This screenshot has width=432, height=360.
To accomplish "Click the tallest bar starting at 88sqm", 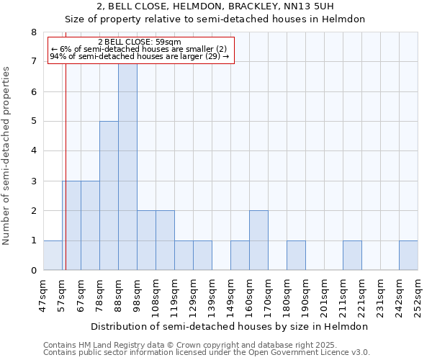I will point(127,166).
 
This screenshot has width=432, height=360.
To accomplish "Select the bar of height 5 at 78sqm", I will point(109,196).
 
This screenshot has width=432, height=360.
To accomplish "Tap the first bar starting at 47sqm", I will point(53,256).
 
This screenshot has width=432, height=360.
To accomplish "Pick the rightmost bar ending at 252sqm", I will point(408,256).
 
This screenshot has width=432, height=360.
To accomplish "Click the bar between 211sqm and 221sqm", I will point(352,256).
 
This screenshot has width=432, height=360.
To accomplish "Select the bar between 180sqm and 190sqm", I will point(296,256).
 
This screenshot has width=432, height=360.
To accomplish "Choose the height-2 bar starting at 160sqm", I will point(258,240).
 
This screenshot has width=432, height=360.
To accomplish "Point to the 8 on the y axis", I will point(33,32).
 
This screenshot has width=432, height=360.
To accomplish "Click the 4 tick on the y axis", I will point(33,151).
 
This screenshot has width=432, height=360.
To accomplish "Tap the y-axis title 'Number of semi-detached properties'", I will point(7,156).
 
